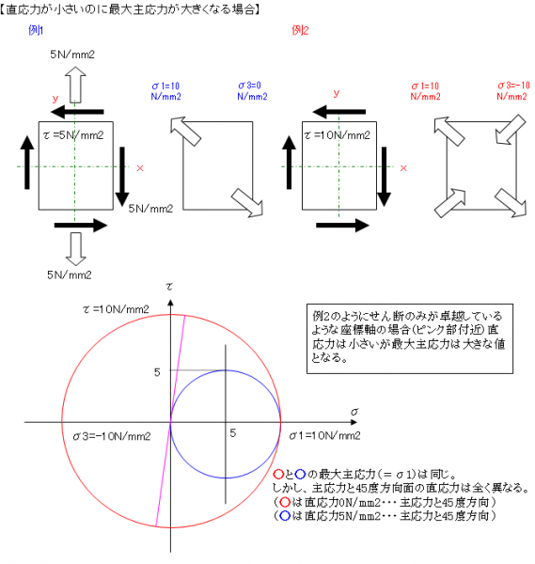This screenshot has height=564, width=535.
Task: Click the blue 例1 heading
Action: [36, 30]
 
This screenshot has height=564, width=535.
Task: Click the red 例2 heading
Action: [300, 30]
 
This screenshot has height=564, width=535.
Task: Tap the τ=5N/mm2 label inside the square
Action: [73, 135]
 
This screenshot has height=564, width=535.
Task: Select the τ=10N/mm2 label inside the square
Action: [338, 135]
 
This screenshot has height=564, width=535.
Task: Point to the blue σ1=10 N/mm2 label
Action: [165, 91]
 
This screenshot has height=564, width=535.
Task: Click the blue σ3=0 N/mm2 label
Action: [252, 91]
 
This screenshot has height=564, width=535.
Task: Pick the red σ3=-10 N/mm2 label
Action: [513, 91]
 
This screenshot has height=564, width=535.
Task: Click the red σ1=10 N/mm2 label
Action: [425, 91]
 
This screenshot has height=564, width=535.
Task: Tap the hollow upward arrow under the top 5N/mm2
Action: [75, 85]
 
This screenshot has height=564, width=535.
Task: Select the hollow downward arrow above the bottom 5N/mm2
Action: [75, 249]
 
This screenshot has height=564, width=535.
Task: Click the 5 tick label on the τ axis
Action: [157, 372]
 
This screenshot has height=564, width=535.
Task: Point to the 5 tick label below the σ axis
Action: [233, 432]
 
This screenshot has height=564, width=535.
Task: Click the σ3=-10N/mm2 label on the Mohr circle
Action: [112, 436]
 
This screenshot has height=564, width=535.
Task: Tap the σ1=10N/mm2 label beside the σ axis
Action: [325, 436]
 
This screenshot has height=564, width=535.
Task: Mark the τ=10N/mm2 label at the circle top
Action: [116, 309]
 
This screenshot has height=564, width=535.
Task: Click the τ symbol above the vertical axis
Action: [169, 287]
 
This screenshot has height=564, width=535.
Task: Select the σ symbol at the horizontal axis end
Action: [354, 412]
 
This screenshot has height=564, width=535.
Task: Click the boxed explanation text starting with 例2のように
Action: [409, 337]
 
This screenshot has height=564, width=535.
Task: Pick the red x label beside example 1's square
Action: [140, 168]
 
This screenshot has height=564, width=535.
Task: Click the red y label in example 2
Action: [337, 93]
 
